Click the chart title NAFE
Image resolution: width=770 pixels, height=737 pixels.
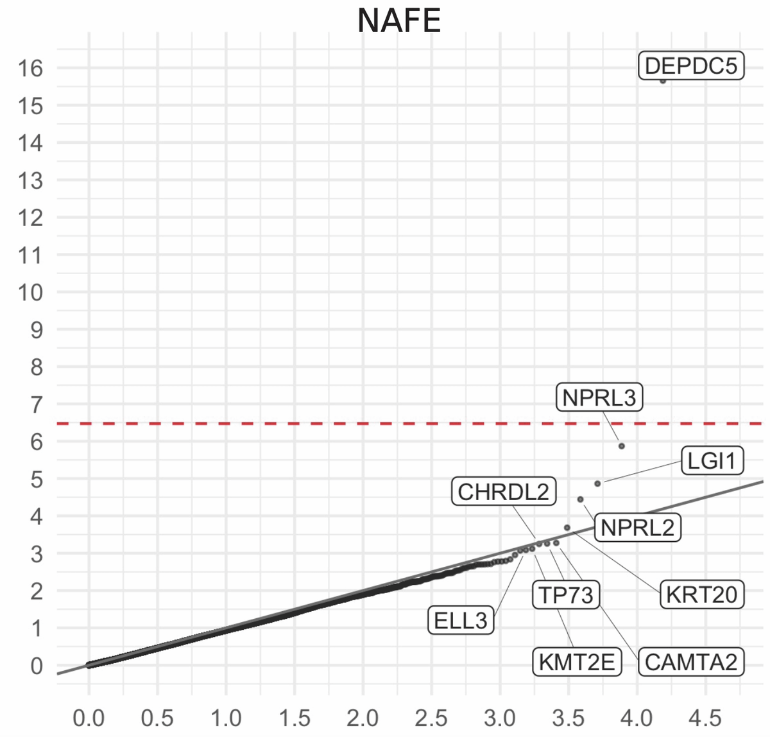pyautogui.click(x=398, y=21)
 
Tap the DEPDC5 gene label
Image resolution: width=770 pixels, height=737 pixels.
pyautogui.click(x=691, y=66)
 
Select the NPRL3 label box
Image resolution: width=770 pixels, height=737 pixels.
pyautogui.click(x=599, y=398)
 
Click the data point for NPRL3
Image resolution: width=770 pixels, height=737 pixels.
pyautogui.click(x=621, y=446)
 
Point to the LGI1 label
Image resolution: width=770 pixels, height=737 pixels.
pyautogui.click(x=712, y=460)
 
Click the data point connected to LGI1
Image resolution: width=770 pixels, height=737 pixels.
pyautogui.click(x=597, y=483)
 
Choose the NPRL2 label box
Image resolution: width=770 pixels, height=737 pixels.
pyautogui.click(x=638, y=528)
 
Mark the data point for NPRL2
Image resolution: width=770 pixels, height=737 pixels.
pyautogui.click(x=580, y=499)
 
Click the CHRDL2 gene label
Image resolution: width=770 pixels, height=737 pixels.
pyautogui.click(x=504, y=492)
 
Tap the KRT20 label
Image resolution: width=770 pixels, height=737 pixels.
pyautogui.click(x=702, y=594)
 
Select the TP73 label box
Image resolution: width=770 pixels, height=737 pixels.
pyautogui.click(x=566, y=594)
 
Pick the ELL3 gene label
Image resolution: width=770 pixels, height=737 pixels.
pyautogui.click(x=461, y=621)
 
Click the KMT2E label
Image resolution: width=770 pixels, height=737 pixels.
pyautogui.click(x=577, y=662)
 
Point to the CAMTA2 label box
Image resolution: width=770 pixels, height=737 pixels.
pyautogui.click(x=691, y=662)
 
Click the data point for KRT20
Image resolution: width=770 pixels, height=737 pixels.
pyautogui.click(x=567, y=528)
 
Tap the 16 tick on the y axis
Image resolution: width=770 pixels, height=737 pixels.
pyautogui.click(x=30, y=68)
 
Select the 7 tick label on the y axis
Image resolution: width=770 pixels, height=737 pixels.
pyautogui.click(x=36, y=404)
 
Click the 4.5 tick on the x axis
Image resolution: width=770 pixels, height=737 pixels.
pyautogui.click(x=706, y=717)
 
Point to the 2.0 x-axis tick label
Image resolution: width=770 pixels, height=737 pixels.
pyautogui.click(x=363, y=717)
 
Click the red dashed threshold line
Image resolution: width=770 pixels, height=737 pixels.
pyautogui.click(x=321, y=424)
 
